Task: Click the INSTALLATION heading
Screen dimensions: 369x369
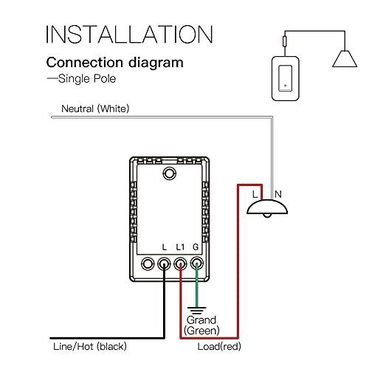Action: tap(129, 34)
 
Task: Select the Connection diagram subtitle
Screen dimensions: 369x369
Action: tap(114, 63)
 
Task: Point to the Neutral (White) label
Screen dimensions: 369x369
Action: tap(95, 109)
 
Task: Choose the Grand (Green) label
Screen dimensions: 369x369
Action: tap(201, 325)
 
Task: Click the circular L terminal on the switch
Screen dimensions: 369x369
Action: tap(164, 263)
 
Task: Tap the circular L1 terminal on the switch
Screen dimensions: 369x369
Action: tap(181, 263)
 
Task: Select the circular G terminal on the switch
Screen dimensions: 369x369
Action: tap(196, 263)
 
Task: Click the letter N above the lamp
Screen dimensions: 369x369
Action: tap(278, 193)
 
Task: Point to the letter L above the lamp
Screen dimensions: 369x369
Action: tap(256, 193)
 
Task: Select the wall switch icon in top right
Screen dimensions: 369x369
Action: tap(285, 73)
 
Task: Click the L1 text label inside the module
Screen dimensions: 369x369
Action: tap(182, 246)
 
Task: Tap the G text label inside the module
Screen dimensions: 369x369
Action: tap(196, 246)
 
